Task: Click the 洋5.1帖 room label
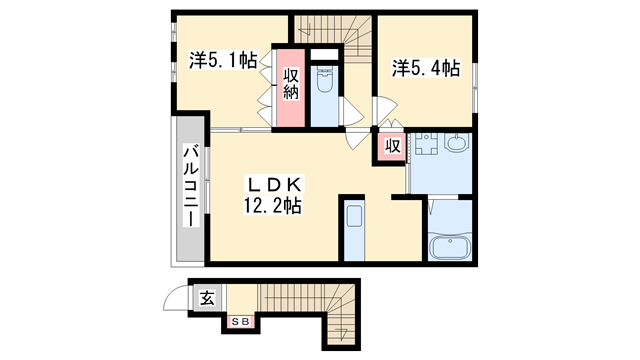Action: click(222, 60)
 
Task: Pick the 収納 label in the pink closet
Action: click(291, 84)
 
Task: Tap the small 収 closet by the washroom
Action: click(393, 146)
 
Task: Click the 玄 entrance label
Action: click(206, 297)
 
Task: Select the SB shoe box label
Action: click(241, 321)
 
